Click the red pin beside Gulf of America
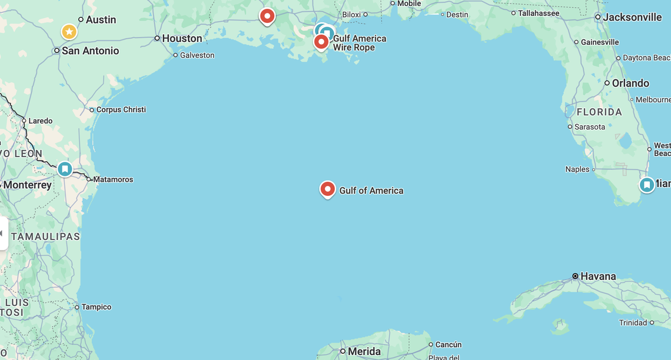(x=328, y=189)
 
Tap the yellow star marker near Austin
(x=69, y=31)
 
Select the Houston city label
(x=182, y=38)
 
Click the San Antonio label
(x=90, y=51)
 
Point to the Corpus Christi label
(x=121, y=109)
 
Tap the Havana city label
(x=598, y=276)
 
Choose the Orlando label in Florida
(x=630, y=83)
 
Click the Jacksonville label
(x=632, y=17)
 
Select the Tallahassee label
(x=538, y=13)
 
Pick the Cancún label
(x=449, y=345)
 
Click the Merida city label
(x=364, y=351)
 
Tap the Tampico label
(x=96, y=307)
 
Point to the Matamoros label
(x=113, y=179)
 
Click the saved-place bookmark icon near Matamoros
(x=65, y=169)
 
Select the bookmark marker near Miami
(x=647, y=185)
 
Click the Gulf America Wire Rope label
(x=360, y=43)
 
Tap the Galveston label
(x=197, y=55)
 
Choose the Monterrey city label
(x=27, y=185)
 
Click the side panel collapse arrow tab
(x=3, y=234)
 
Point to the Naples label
(x=577, y=169)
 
